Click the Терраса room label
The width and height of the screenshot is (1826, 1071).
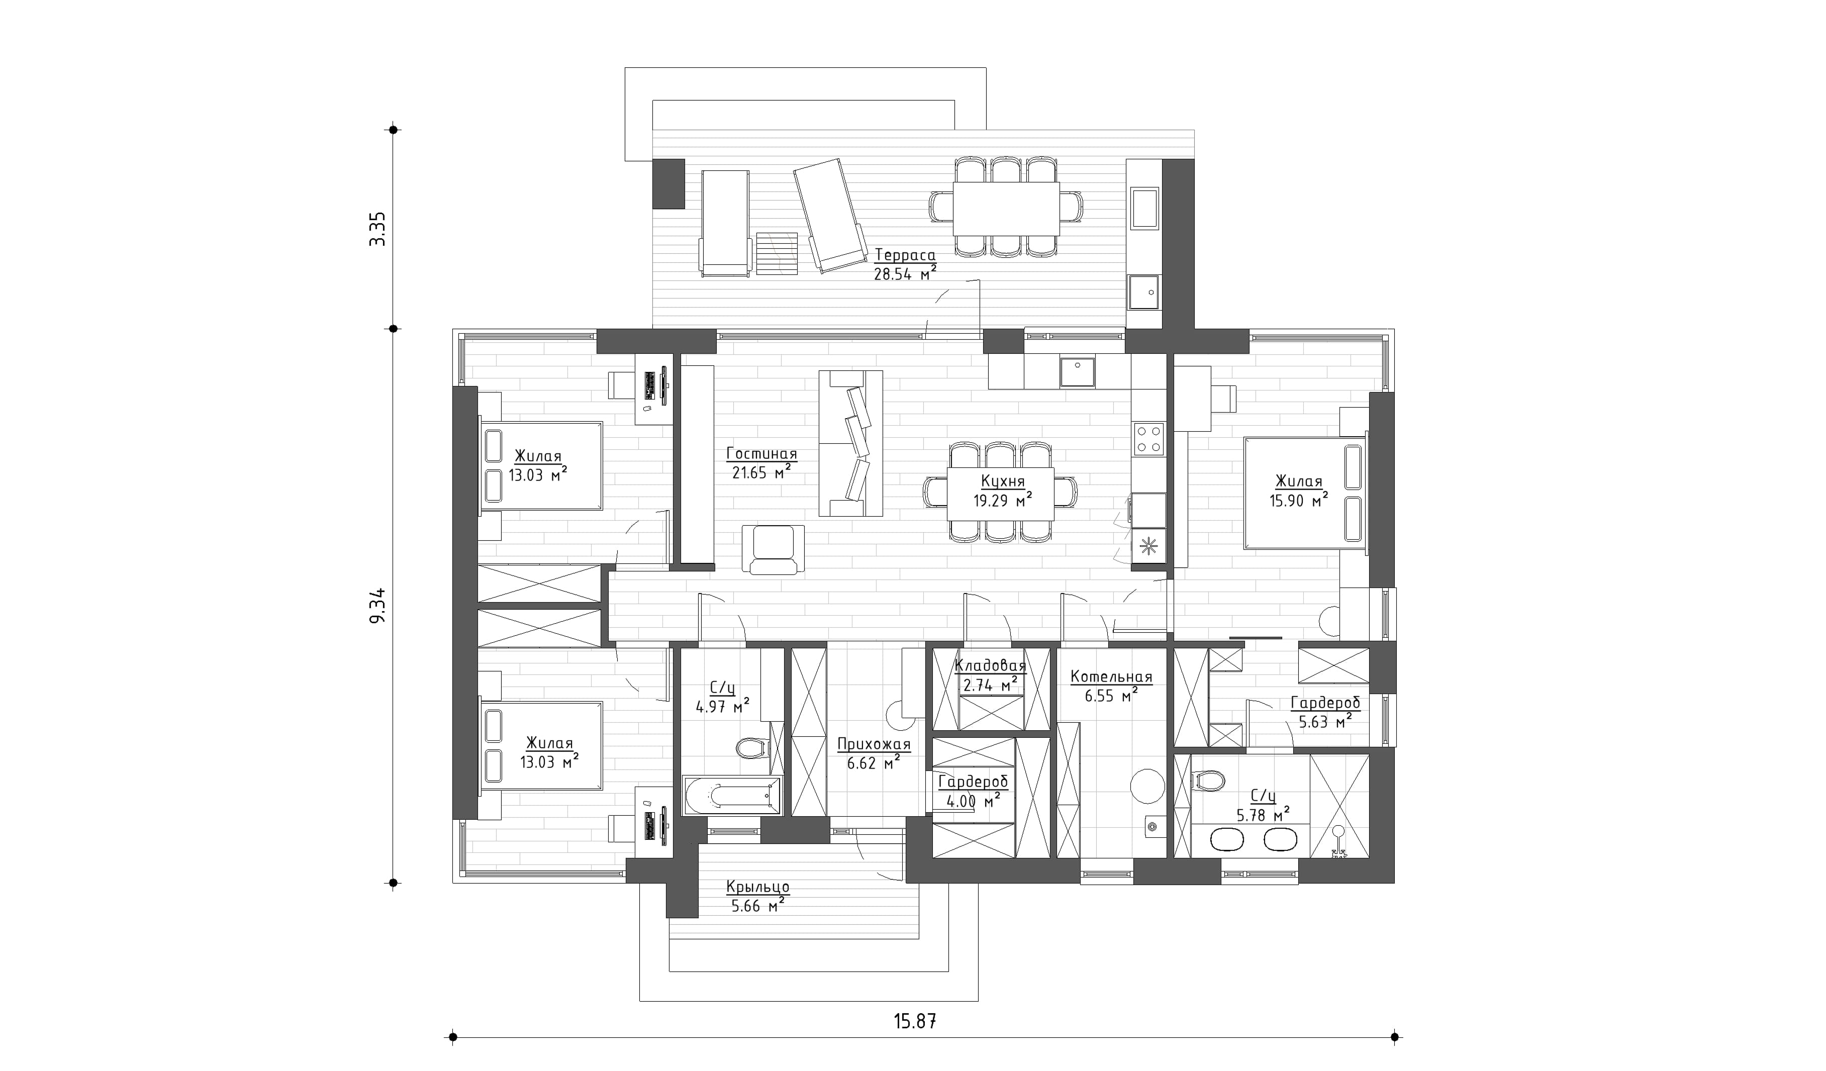[905, 255]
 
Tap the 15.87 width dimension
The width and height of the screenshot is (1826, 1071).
[915, 1021]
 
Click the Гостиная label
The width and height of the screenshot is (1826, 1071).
[761, 454]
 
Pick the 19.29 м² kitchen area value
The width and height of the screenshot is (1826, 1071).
[1002, 500]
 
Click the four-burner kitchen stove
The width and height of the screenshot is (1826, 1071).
[1148, 438]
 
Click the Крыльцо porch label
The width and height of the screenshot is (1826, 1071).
[758, 887]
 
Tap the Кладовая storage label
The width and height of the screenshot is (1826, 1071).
[990, 666]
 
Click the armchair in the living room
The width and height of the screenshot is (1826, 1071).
[773, 549]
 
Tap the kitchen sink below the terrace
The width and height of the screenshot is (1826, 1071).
[1078, 372]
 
